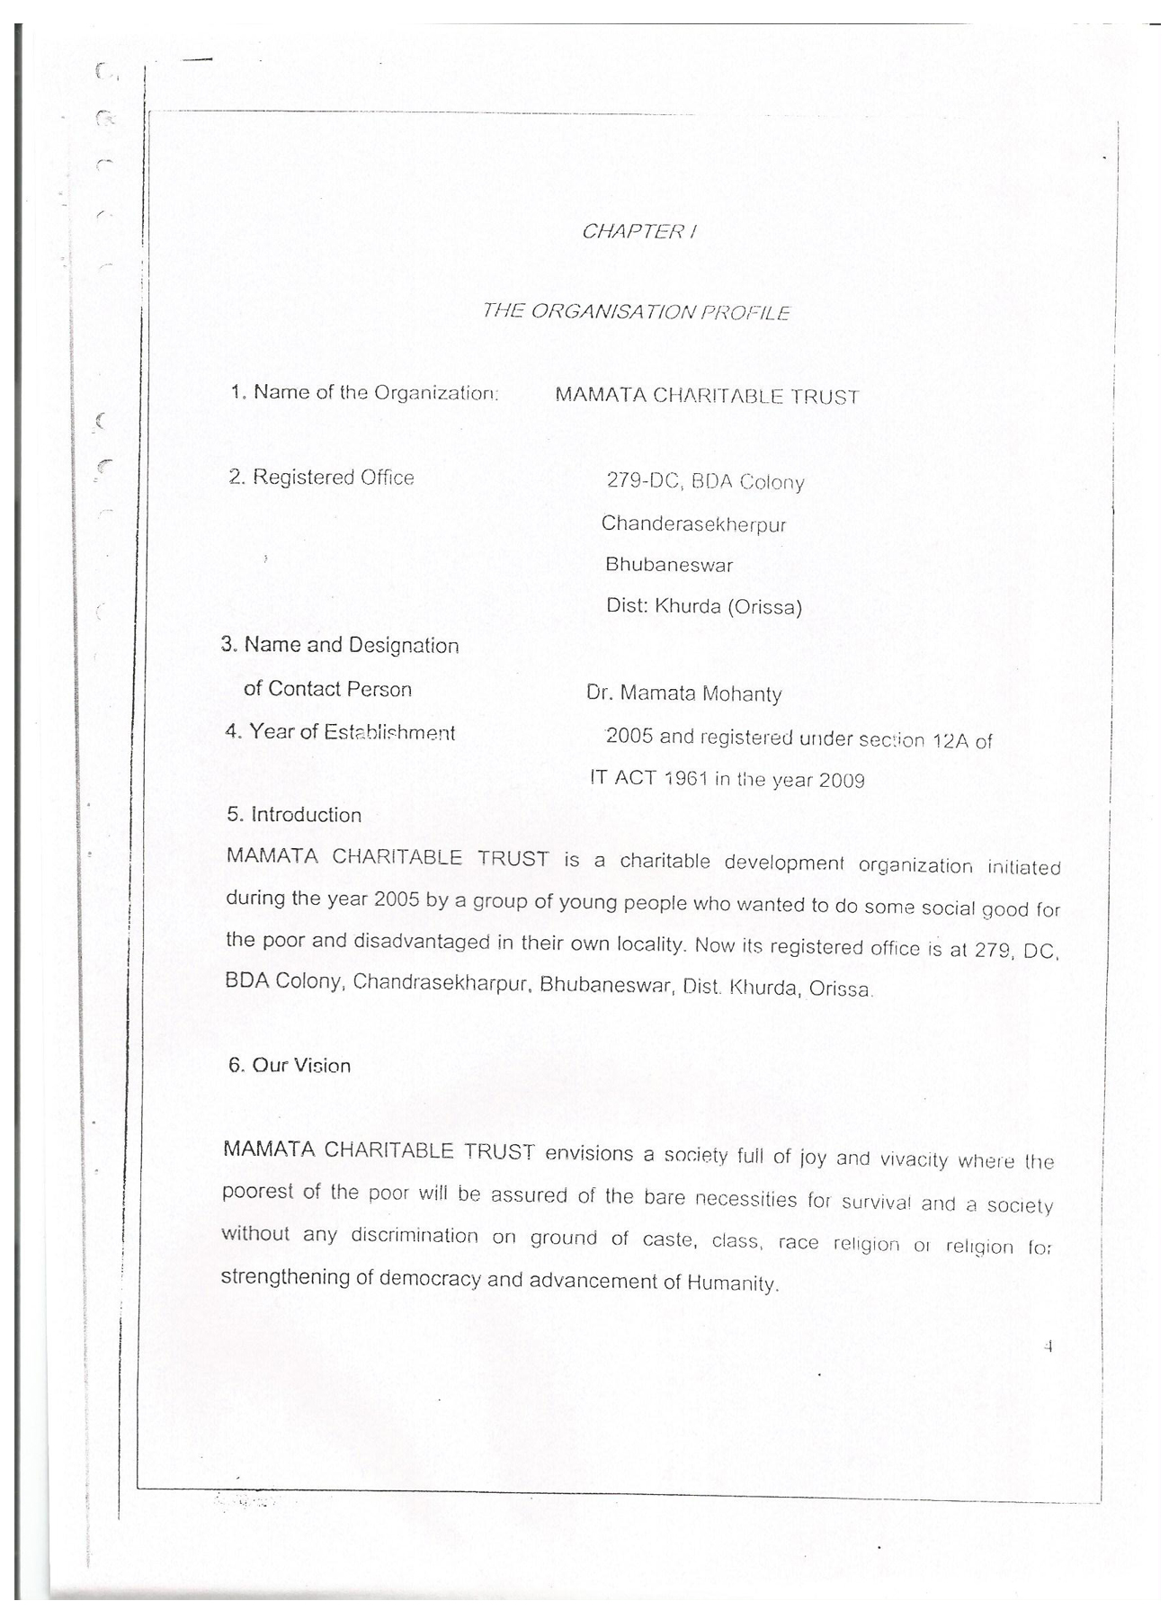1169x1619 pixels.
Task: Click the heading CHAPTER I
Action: point(638,231)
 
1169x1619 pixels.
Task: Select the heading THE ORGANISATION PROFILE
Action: point(636,312)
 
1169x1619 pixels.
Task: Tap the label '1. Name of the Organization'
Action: point(364,393)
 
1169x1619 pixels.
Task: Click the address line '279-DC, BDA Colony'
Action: point(705,481)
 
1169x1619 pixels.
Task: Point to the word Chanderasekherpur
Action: point(693,523)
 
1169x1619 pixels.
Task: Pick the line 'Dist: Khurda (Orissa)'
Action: point(703,606)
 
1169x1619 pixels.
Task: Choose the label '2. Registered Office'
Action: point(321,478)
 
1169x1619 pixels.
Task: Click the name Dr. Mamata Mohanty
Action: point(683,693)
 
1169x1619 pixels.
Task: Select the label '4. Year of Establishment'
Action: point(340,732)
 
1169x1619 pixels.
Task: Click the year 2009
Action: point(842,780)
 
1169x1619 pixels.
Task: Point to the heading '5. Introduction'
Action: point(294,815)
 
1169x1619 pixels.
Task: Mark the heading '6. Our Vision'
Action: point(289,1066)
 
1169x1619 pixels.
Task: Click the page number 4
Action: point(1048,1347)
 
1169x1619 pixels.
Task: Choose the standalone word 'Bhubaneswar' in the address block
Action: point(669,565)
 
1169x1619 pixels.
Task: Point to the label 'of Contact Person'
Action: point(327,689)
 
